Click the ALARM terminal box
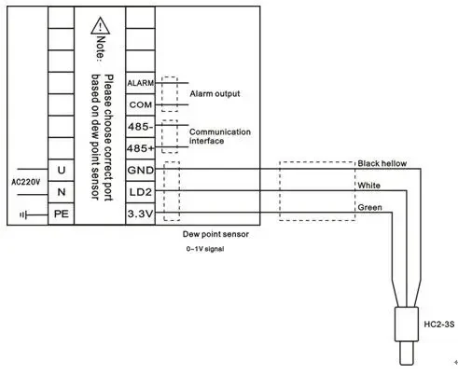click(x=140, y=83)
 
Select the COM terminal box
click(x=140, y=104)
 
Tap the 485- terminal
click(x=140, y=127)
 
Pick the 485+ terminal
click(x=140, y=148)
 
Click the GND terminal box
click(x=140, y=171)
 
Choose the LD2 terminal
click(x=140, y=192)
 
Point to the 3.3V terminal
click(x=140, y=214)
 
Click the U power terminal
click(x=62, y=171)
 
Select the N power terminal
click(x=62, y=192)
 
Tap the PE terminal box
click(x=62, y=214)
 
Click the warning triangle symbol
click(x=100, y=26)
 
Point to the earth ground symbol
click(x=23, y=214)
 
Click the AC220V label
click(x=26, y=182)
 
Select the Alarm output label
click(x=215, y=93)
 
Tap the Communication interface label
click(x=220, y=136)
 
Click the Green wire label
click(x=369, y=207)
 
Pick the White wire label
click(x=368, y=186)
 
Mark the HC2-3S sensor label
click(x=439, y=325)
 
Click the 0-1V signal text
click(x=205, y=249)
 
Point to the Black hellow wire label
click(x=382, y=163)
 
